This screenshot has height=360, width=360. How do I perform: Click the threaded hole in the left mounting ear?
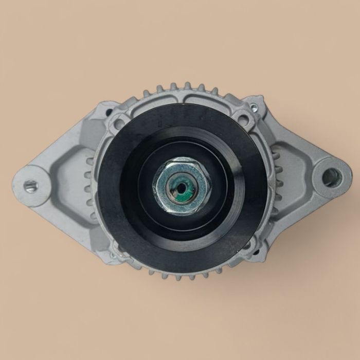(30, 186)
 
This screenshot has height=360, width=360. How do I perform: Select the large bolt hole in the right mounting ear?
(330, 177)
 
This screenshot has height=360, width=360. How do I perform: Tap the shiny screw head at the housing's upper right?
(253, 107)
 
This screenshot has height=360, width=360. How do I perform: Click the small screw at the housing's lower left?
(112, 254)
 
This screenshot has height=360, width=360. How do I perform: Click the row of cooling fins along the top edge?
(180, 88)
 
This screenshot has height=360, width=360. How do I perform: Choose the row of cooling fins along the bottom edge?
(180, 276)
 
